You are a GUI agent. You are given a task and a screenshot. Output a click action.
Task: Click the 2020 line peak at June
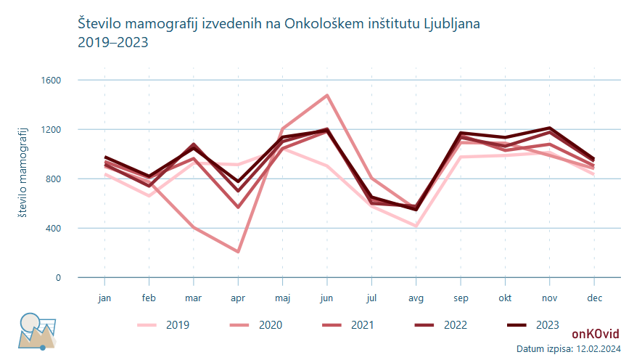(x=327, y=95)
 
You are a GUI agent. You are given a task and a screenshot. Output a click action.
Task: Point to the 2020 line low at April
(x=238, y=252)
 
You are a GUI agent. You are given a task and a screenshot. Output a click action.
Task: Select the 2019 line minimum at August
(x=416, y=226)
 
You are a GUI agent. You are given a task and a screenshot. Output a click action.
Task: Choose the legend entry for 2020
(x=257, y=324)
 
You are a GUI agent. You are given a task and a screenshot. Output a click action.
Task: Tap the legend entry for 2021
(x=348, y=324)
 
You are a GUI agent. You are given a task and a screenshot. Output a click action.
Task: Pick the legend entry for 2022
(x=441, y=324)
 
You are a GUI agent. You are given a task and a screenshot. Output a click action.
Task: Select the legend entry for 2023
(x=534, y=324)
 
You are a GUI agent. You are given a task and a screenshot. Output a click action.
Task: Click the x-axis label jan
(x=104, y=298)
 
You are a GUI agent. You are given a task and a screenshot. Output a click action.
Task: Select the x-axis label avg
(x=416, y=298)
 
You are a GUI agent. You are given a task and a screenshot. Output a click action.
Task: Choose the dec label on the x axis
(x=594, y=298)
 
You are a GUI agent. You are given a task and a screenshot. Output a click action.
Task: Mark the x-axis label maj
(x=282, y=298)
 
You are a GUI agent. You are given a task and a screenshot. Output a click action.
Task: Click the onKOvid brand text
(x=595, y=334)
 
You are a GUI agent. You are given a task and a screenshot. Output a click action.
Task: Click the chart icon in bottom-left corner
(x=37, y=331)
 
